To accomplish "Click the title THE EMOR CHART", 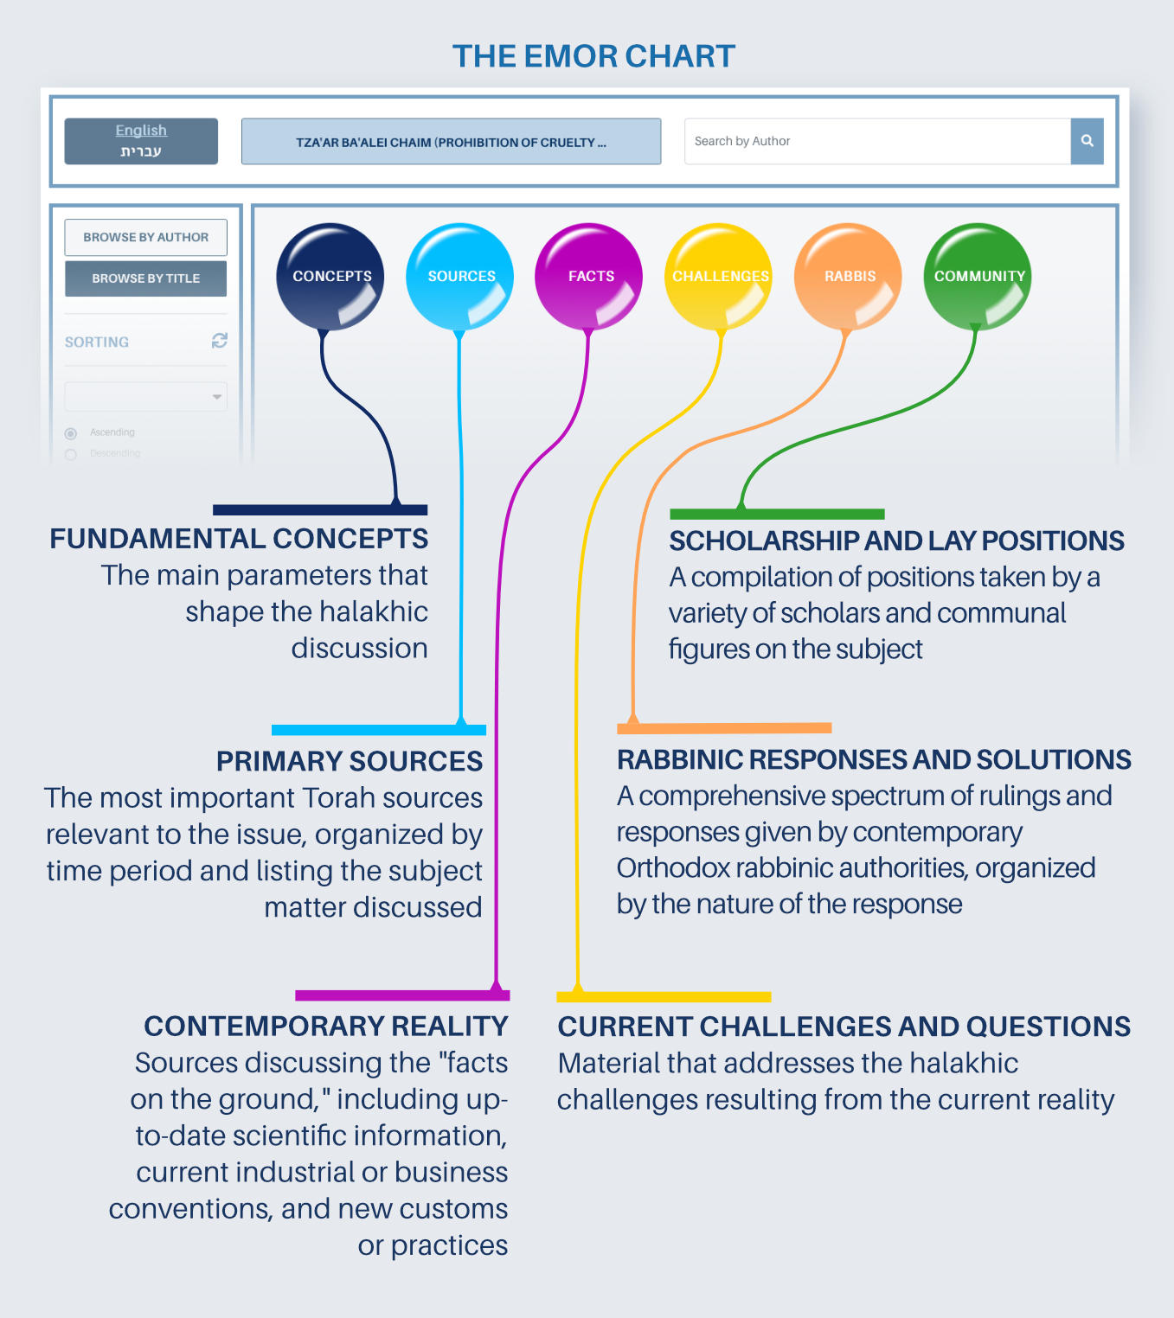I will click(x=593, y=56).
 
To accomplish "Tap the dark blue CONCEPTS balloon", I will click(x=330, y=276).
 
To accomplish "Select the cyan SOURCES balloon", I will click(x=460, y=276).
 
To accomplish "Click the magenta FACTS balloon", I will click(x=589, y=276).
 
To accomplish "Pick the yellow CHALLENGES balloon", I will click(x=719, y=276).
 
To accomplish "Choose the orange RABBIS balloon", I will click(x=849, y=276).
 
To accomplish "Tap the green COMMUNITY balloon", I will click(x=978, y=276).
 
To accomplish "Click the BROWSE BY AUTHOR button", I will click(x=145, y=237).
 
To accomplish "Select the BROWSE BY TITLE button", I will click(x=145, y=278).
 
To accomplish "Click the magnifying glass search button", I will click(x=1087, y=141).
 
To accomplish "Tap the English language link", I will click(x=141, y=131).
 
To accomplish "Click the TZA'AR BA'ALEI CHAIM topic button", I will click(x=451, y=142).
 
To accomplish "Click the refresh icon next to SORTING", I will click(x=220, y=341).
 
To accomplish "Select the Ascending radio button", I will click(x=71, y=433).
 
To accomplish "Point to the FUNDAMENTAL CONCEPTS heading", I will click(x=239, y=539).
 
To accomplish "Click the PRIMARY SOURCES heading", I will click(x=350, y=761).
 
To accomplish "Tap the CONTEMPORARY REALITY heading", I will click(x=326, y=1026).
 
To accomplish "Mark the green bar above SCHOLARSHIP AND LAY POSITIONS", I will click(x=777, y=514).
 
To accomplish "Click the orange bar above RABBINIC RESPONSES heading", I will click(x=724, y=728).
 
